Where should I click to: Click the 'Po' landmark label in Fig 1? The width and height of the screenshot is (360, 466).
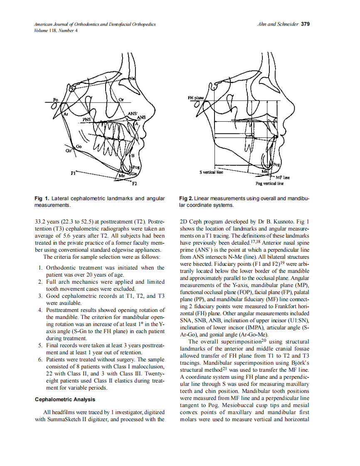pyautogui.click(x=55, y=100)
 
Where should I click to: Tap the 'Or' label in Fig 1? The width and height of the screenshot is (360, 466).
pyautogui.click(x=121, y=100)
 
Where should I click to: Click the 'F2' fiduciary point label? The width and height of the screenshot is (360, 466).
pyautogui.click(x=135, y=183)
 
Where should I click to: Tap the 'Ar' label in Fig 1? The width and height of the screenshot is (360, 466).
pyautogui.click(x=65, y=113)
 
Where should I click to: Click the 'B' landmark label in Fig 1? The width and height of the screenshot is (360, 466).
pyautogui.click(x=133, y=155)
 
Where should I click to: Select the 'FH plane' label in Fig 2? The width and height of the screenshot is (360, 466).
pyautogui.click(x=196, y=98)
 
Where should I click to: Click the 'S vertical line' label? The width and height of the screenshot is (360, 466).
pyautogui.click(x=212, y=172)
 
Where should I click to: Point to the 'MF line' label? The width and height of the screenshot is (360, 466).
pyautogui.click(x=283, y=177)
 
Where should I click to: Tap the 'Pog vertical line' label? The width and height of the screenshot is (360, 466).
pyautogui.click(x=269, y=183)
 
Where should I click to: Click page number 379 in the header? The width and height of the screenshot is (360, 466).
pyautogui.click(x=305, y=24)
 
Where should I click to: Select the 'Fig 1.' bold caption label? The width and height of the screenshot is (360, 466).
pyautogui.click(x=41, y=199)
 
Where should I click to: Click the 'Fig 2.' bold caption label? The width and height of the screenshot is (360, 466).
pyautogui.click(x=186, y=199)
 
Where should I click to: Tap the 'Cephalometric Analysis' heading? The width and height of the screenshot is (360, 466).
pyautogui.click(x=64, y=400)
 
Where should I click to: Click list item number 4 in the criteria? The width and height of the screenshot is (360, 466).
pyautogui.click(x=40, y=310)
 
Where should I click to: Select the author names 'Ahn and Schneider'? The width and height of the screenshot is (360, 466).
pyautogui.click(x=278, y=24)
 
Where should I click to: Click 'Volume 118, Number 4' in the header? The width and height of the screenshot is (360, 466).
pyautogui.click(x=56, y=30)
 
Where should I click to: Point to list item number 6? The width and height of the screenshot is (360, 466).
pyautogui.click(x=40, y=360)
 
